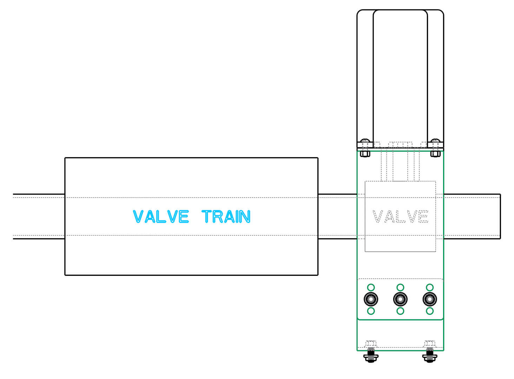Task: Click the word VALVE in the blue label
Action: (161, 217)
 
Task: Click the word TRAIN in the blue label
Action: (226, 217)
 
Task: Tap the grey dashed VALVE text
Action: (400, 217)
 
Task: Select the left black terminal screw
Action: (371, 299)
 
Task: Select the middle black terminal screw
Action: (400, 299)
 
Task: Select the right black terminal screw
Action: (430, 299)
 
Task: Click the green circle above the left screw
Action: (371, 287)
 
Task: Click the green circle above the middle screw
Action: (400, 287)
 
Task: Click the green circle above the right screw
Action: (430, 287)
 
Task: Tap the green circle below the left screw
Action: (371, 311)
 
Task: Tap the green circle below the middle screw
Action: (400, 311)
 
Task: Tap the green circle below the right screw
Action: (430, 311)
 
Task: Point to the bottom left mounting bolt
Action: (371, 354)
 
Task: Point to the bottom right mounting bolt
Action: (430, 354)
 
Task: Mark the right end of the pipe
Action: (500, 217)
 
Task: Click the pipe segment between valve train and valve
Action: (337, 217)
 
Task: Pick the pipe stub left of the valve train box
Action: (39, 217)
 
